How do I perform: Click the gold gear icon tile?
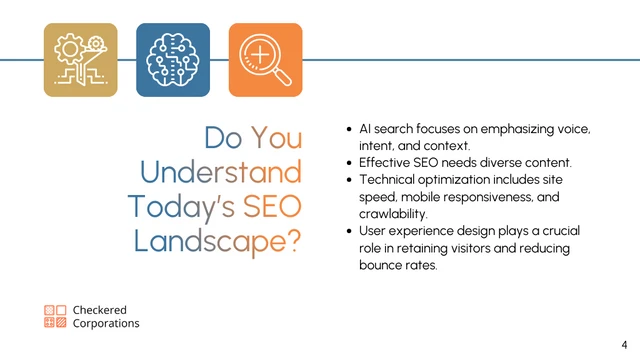(81, 60)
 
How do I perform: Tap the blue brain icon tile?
(173, 60)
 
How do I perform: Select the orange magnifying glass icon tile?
(265, 60)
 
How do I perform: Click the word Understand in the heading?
(220, 172)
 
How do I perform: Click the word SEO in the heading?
(270, 206)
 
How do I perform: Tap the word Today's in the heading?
(178, 206)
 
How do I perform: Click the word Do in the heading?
(223, 138)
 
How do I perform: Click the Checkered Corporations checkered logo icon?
(55, 317)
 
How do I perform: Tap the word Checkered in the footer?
(100, 310)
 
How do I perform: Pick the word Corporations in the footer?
(106, 324)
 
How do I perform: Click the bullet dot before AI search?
(348, 130)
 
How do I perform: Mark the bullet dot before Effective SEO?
(348, 162)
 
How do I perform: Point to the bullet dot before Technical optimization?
(348, 179)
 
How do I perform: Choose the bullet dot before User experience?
(348, 231)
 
